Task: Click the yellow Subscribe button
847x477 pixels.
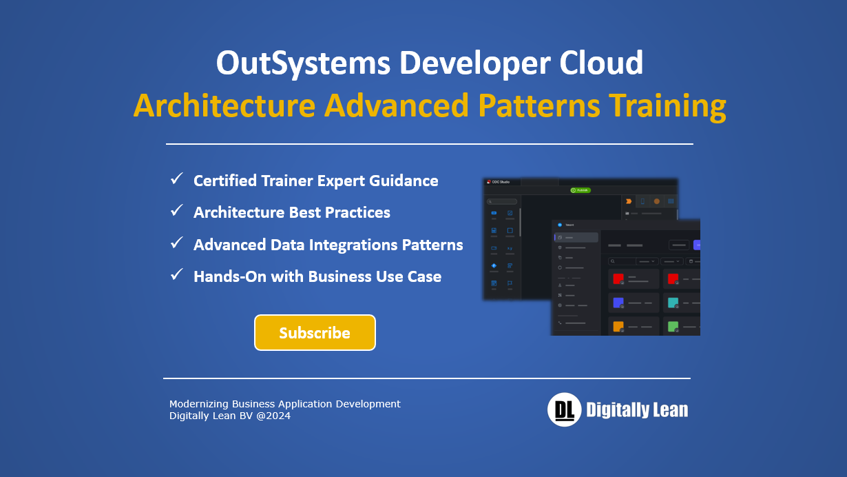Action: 315,333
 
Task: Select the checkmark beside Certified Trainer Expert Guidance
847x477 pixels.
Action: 177,180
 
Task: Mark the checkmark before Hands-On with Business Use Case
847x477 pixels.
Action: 177,276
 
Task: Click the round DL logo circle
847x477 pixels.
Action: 564,410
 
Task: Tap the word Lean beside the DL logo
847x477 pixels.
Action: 665,410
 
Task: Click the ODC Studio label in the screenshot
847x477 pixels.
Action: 501,182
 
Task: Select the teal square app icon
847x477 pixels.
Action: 673,303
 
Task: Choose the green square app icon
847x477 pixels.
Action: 673,326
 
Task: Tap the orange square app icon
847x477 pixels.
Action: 618,326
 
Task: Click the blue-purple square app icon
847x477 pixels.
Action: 618,303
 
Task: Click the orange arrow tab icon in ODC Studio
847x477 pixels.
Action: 629,201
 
